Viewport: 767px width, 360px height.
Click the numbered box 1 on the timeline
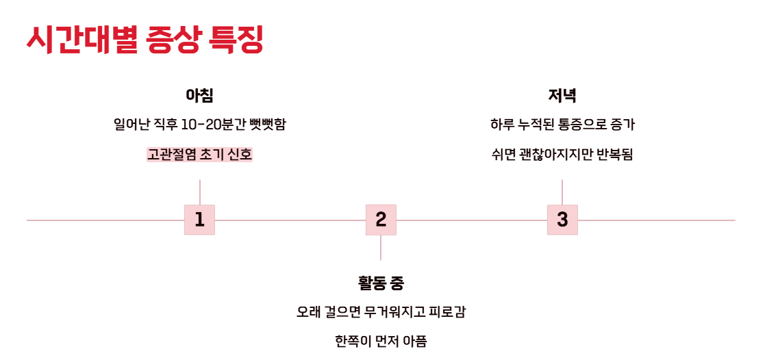coord(199,220)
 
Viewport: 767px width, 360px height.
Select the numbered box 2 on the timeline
coord(381,220)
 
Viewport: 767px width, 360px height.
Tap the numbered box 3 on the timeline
coord(562,220)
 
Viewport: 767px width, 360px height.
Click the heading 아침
coord(199,96)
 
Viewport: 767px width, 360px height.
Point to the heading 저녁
coord(562,96)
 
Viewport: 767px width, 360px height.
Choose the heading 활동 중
coord(381,283)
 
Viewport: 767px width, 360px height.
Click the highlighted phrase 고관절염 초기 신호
coord(199,155)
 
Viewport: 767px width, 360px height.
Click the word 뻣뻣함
coord(268,125)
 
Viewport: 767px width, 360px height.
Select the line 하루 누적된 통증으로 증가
coord(562,125)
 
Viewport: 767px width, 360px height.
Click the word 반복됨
coord(615,155)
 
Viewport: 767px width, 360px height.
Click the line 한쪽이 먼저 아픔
coord(381,342)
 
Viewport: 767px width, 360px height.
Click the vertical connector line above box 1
coord(199,192)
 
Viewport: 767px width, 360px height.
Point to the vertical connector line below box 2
coord(381,248)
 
